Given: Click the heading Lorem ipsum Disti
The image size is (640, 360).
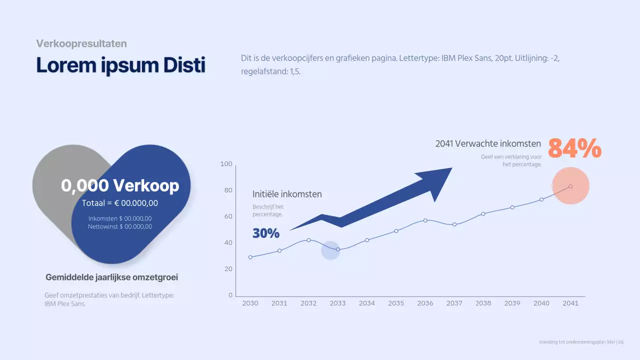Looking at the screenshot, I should tap(120, 66).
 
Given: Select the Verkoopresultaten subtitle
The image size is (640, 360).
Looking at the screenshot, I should tap(81, 43).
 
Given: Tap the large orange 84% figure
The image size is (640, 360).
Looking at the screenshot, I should tap(574, 148).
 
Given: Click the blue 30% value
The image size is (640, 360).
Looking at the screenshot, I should tap(265, 233).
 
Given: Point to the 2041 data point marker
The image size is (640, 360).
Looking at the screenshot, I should tap(570, 186).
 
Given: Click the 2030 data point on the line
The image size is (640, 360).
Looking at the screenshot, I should tap(250, 257).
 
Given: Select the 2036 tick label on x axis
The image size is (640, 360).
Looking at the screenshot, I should tap(425, 303).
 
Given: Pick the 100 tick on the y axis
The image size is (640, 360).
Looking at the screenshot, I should tap(226, 164).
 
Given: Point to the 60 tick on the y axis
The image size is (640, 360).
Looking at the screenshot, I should tap(228, 216).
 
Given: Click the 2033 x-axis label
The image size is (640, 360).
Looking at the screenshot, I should tap(337, 303).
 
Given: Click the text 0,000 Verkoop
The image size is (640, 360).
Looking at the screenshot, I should tap(120, 185).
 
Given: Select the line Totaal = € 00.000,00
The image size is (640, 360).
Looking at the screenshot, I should tap(120, 203).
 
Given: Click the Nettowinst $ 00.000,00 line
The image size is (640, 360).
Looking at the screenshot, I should tap(120, 226).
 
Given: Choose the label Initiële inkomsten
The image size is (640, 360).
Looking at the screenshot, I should tap(287, 194).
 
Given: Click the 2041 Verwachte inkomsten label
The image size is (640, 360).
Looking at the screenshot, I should tap(488, 143).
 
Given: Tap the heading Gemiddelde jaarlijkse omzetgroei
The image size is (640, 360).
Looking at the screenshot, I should tap(111, 277).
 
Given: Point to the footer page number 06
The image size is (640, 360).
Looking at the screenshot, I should tap(621, 342).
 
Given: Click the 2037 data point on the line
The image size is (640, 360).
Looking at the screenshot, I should tap(454, 224).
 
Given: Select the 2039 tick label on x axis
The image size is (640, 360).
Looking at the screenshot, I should tap(512, 303).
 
